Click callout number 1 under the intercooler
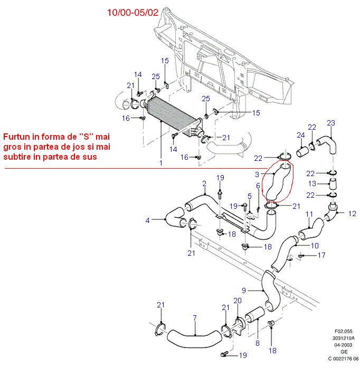pos(161,163)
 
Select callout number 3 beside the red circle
pos(257,175)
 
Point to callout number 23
pos(330,123)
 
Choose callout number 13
pos(312,183)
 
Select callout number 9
pos(244,290)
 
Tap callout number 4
pos(148,220)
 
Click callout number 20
pos(237,301)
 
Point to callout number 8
pos(258,343)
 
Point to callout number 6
pos(258,186)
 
